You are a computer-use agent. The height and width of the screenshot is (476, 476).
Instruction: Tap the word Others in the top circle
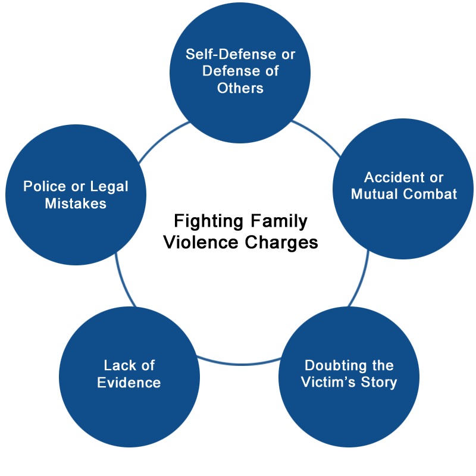(x=240, y=88)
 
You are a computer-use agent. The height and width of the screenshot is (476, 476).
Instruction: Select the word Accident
(x=393, y=177)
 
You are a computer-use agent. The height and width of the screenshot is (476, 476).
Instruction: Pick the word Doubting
(x=336, y=366)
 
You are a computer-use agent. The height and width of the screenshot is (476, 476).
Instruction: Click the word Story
(x=379, y=383)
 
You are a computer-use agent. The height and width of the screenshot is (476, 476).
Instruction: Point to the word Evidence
(x=129, y=383)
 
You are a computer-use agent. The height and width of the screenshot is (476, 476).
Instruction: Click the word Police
(x=45, y=186)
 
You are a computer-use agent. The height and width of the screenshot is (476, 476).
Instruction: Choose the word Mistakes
(x=76, y=203)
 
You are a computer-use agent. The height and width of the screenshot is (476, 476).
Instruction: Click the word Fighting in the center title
(x=209, y=221)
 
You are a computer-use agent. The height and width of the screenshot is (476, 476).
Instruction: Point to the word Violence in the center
(x=201, y=243)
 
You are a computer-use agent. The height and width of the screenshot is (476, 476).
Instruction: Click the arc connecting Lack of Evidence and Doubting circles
(x=240, y=364)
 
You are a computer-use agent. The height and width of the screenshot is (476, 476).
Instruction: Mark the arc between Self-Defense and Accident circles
(x=318, y=136)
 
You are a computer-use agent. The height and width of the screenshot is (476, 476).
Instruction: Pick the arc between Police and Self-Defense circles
(x=161, y=139)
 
